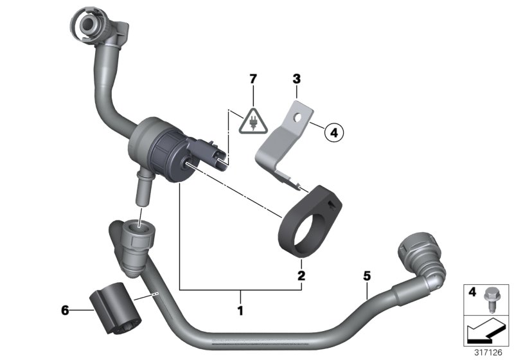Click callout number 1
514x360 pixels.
click(241, 311)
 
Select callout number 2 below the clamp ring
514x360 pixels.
click(301, 276)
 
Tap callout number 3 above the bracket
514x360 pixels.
click(296, 79)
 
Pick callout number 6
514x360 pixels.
click(65, 310)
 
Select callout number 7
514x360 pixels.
click(253, 79)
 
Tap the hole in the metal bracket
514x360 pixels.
click(297, 118)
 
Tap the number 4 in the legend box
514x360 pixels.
click(472, 293)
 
